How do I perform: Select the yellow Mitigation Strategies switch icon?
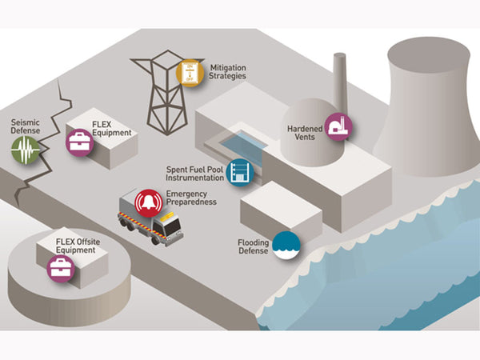point(191,73)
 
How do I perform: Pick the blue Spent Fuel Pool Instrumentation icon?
point(238,172)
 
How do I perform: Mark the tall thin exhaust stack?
point(339,80)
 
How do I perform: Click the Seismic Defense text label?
point(25,127)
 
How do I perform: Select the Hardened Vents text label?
point(305,133)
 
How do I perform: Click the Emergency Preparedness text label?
point(190,198)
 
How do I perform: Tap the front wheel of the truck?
point(155,239)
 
